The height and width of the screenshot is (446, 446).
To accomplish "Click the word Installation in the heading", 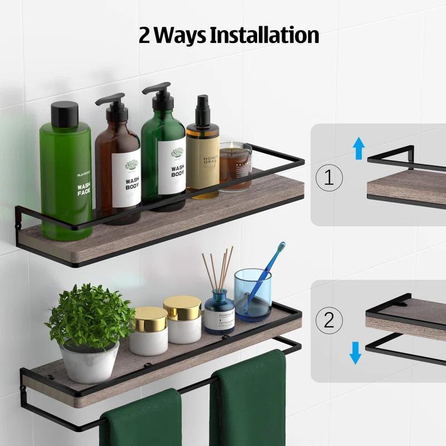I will pyautogui.click(x=265, y=35).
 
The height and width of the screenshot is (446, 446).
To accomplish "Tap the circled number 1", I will pyautogui.click(x=329, y=177).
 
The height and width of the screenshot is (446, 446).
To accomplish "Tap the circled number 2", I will pyautogui.click(x=329, y=320).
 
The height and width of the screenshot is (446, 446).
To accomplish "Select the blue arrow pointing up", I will pyautogui.click(x=359, y=149).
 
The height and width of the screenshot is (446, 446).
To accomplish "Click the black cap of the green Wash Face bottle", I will pyautogui.click(x=65, y=114).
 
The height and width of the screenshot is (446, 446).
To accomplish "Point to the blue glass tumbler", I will pyautogui.click(x=253, y=295).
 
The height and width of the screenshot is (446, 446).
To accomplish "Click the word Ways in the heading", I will pyautogui.click(x=182, y=35).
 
